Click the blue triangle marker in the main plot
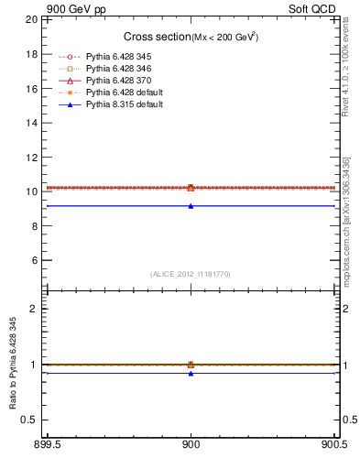pos(191,206)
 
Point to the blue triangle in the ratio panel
pos(191,373)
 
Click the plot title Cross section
pos(156,37)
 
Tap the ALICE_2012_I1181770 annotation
pos(191,274)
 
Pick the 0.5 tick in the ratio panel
pos(31,420)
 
